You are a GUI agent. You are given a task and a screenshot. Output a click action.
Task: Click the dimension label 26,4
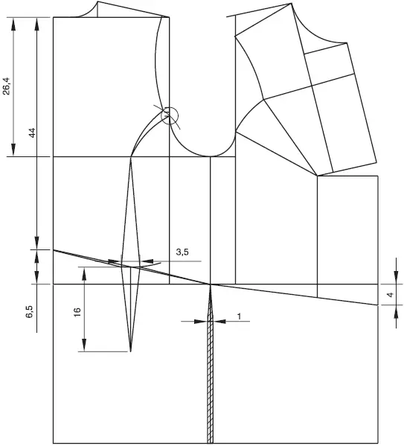click(6, 86)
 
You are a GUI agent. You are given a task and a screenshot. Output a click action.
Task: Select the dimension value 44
click(33, 133)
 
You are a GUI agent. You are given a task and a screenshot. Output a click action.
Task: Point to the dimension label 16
click(77, 312)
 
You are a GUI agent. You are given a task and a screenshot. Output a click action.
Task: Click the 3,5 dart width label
click(182, 252)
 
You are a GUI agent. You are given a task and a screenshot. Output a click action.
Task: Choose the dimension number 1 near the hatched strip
click(239, 316)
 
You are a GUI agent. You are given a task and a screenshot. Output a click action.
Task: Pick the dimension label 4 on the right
click(391, 295)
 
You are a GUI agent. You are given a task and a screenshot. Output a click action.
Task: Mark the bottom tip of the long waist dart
click(130, 351)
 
